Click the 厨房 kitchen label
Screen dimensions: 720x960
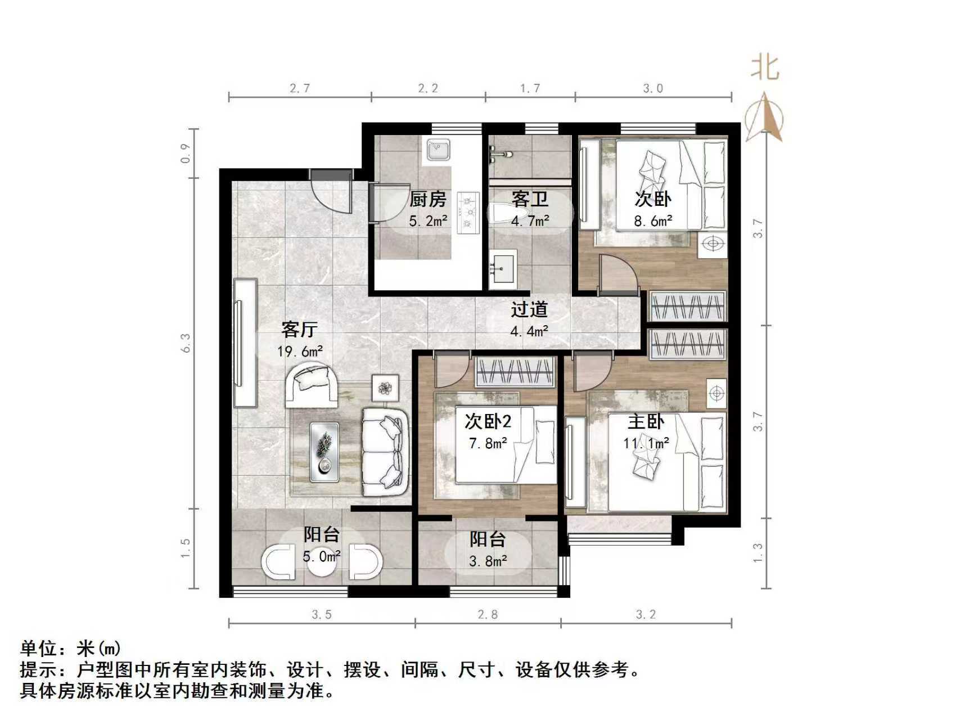[x=427, y=199]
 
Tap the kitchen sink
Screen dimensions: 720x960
[x=438, y=150]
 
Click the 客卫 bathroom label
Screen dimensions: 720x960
[x=530, y=199]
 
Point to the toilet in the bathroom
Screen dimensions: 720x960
[x=501, y=214]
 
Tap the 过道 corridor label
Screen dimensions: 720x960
[x=529, y=309]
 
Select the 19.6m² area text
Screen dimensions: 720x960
[x=300, y=352]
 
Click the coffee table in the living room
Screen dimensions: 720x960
[x=324, y=452]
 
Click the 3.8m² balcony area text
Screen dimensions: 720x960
[x=488, y=561]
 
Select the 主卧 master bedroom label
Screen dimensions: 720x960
[x=646, y=422]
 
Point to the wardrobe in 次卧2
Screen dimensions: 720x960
[x=515, y=372]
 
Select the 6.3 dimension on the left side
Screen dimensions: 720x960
[x=186, y=343]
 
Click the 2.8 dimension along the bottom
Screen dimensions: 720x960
[x=488, y=614]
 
